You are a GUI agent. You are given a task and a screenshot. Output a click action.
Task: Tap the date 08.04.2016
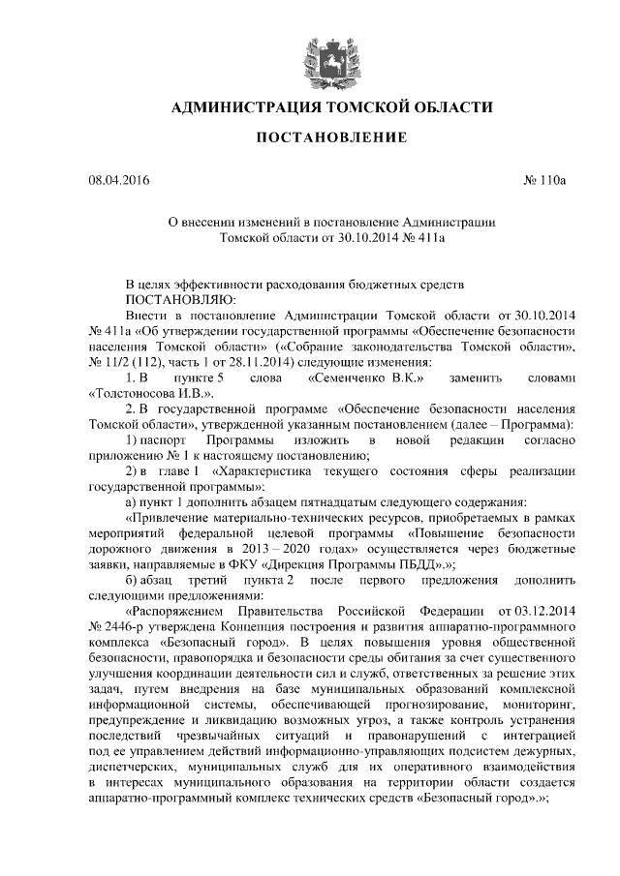click(118, 179)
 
